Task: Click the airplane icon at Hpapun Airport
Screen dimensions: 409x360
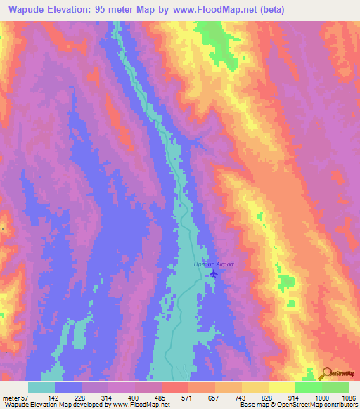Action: tap(214, 273)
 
